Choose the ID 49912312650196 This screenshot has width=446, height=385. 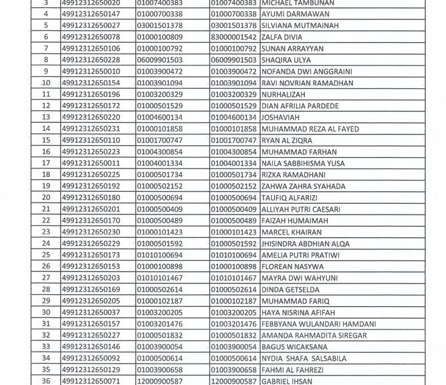pos(91,94)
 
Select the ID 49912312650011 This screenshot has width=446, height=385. pos(91,163)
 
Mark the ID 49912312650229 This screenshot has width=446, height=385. pos(91,243)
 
